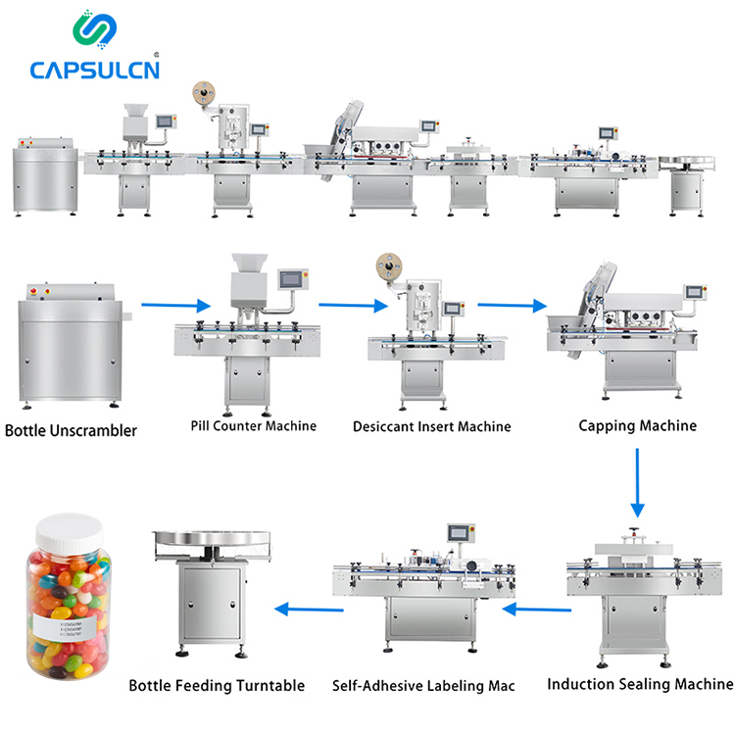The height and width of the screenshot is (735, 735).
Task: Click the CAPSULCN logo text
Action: point(94,70)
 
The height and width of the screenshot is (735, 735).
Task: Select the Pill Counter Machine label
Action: point(253,426)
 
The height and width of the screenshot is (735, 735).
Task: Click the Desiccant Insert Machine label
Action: point(432,427)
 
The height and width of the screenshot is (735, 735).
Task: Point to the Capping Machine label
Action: point(637,425)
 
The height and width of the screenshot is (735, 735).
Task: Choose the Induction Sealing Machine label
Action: point(639,684)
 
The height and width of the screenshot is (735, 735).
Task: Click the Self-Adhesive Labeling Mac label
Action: point(423,686)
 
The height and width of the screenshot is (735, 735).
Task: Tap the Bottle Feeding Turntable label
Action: point(217,686)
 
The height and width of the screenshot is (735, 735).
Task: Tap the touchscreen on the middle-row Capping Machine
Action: point(695,292)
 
